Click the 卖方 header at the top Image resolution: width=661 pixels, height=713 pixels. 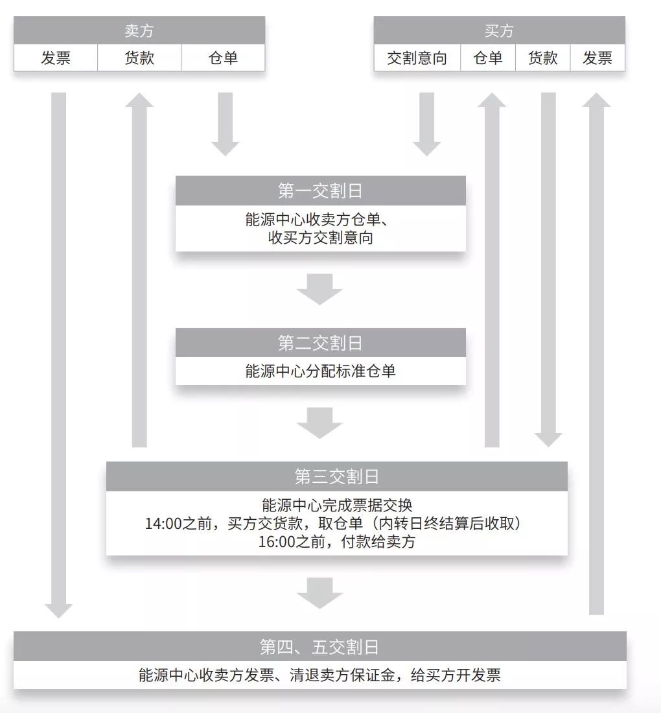[x=139, y=30]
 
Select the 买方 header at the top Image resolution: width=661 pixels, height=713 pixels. [x=499, y=30]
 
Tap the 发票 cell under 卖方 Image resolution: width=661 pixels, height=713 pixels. [x=56, y=58]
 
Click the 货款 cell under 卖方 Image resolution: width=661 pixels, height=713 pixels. [x=139, y=58]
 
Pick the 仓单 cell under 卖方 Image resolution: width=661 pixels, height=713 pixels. [x=223, y=58]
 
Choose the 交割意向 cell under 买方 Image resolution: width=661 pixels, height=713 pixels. [x=417, y=58]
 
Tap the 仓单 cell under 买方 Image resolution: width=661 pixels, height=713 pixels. [x=488, y=58]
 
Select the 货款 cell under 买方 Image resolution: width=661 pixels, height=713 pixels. [x=543, y=58]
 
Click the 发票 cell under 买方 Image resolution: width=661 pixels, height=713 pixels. [x=597, y=58]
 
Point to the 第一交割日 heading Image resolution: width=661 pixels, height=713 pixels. [x=320, y=191]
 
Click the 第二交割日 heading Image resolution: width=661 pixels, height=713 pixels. [x=320, y=343]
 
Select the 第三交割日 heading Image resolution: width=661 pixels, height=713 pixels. [x=336, y=477]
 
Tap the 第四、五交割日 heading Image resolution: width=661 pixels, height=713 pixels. [x=319, y=647]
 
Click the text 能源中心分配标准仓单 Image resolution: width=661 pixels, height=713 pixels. [x=320, y=371]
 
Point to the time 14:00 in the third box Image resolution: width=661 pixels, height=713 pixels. [x=161, y=524]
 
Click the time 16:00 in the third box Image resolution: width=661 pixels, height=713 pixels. [x=275, y=542]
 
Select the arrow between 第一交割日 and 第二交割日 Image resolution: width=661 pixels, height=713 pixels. [x=319, y=289]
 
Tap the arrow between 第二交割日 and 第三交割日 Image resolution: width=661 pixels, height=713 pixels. [x=319, y=423]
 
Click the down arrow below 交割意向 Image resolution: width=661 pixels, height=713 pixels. [x=426, y=124]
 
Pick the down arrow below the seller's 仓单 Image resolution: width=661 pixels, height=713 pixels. [x=225, y=124]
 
